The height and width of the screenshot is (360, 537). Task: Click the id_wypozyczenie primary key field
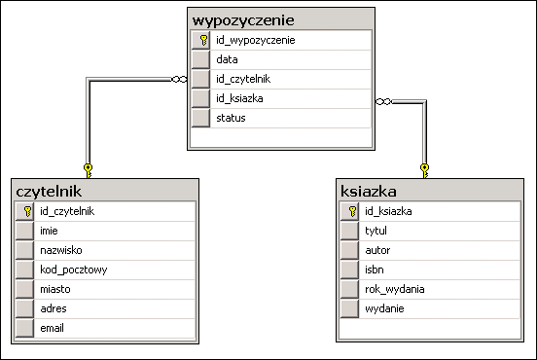coord(256,41)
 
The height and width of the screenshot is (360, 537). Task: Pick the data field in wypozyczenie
coord(228,60)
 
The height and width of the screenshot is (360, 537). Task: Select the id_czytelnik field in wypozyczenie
coord(242,80)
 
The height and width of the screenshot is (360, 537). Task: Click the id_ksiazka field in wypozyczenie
coord(239,99)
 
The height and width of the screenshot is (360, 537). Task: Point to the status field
coord(232,119)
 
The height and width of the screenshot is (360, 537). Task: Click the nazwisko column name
coord(60,250)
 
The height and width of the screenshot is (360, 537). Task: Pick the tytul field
coord(376,231)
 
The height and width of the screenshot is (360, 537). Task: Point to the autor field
coord(376,250)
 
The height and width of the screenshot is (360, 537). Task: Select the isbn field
coord(374,270)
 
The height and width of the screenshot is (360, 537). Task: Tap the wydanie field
coord(383,308)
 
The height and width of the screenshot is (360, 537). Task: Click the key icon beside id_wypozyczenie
coord(202,41)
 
